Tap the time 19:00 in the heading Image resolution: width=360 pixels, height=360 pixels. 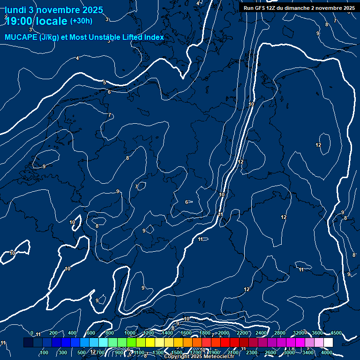21,21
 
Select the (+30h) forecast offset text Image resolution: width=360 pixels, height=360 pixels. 81,21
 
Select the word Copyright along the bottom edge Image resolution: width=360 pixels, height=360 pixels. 176,357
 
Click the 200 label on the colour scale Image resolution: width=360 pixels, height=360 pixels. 53,333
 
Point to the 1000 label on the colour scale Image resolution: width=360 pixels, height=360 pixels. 130,333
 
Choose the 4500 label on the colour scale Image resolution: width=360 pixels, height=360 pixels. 336,333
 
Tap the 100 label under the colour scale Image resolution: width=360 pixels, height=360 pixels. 44,352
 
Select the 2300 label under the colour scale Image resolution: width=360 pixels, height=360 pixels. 251,352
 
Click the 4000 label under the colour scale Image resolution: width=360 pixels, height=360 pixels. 327,352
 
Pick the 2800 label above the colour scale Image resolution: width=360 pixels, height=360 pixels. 280,333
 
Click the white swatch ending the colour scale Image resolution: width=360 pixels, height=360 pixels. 328,343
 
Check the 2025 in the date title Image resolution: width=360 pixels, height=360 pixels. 92,10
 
